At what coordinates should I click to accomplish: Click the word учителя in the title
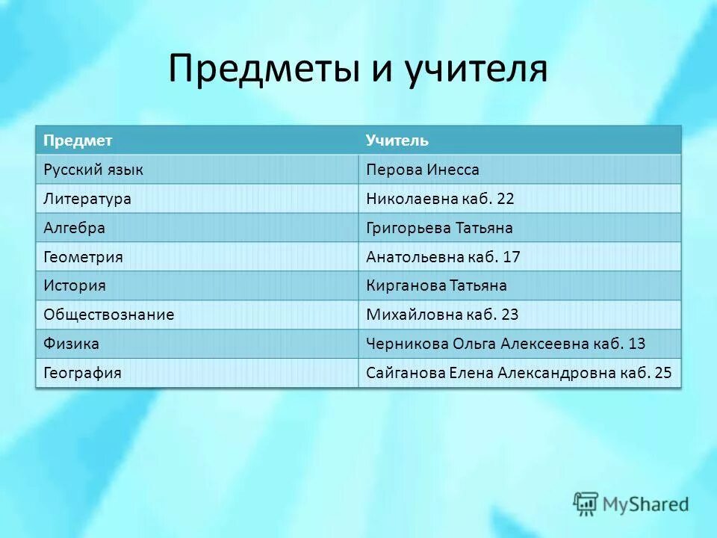tap(477, 69)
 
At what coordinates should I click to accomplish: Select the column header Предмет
tap(78, 140)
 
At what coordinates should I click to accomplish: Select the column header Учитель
tap(397, 140)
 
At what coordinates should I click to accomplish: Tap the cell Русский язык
tap(93, 170)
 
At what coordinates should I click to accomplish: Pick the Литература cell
tap(87, 199)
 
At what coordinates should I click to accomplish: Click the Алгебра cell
tap(74, 228)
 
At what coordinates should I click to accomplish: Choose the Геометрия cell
tap(83, 257)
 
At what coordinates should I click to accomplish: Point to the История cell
tap(75, 285)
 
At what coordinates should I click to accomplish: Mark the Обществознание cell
tap(109, 315)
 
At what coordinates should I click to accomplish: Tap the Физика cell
tap(72, 344)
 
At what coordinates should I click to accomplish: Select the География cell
tap(82, 372)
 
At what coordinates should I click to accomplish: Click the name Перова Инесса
tap(423, 170)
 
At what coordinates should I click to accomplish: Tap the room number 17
tap(511, 257)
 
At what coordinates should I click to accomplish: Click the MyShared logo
tap(631, 504)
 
